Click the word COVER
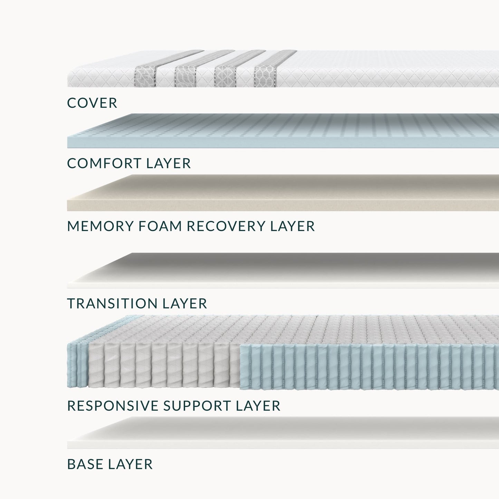(x=92, y=103)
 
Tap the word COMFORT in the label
(x=104, y=163)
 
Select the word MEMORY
(x=100, y=226)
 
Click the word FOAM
(x=160, y=226)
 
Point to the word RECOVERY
(x=226, y=226)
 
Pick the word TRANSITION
(x=112, y=304)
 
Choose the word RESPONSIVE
(x=113, y=406)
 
